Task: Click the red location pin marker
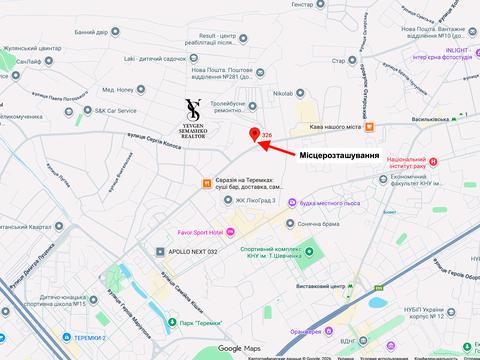[x=254, y=135]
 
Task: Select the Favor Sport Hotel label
[x=194, y=232]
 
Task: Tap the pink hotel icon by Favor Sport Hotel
[x=232, y=232]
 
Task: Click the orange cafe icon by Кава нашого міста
[x=369, y=127]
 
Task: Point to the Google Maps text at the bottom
[x=239, y=348]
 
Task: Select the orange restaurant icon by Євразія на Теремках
[x=207, y=183]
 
